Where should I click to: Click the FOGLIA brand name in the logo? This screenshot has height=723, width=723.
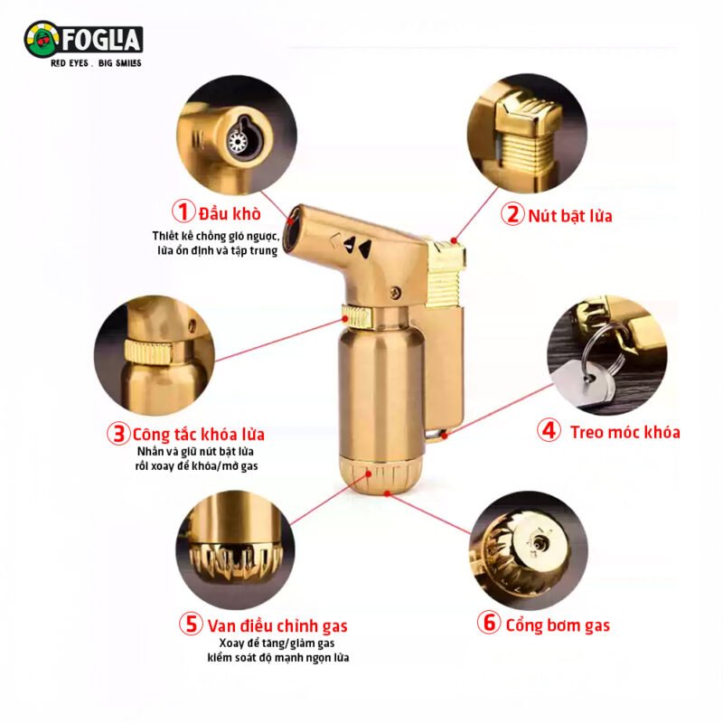[100, 40]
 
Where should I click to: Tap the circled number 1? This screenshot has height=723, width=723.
[183, 211]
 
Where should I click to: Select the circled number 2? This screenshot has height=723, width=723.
[512, 214]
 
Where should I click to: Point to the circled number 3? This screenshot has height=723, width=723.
[118, 434]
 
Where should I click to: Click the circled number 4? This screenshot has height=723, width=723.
[549, 430]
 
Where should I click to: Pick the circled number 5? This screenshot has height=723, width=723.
[191, 624]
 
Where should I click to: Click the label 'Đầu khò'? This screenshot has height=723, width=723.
[230, 213]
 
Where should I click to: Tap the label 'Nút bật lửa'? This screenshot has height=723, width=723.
[570, 216]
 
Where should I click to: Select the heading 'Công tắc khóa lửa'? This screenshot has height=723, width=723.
[199, 435]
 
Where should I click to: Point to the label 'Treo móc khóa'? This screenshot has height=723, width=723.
[624, 432]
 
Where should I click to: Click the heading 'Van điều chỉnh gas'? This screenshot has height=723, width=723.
[277, 625]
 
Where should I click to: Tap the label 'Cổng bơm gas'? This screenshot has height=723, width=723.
[558, 625]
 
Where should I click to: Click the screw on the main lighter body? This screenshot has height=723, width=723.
[395, 291]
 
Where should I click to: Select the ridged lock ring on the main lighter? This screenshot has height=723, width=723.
[356, 315]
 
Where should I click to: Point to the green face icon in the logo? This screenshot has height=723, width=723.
[42, 40]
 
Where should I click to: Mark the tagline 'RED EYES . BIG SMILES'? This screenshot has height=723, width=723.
[96, 63]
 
